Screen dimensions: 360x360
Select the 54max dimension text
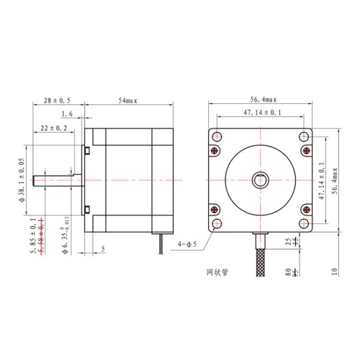(x=128, y=100)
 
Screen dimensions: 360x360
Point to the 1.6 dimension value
(x=67, y=113)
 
